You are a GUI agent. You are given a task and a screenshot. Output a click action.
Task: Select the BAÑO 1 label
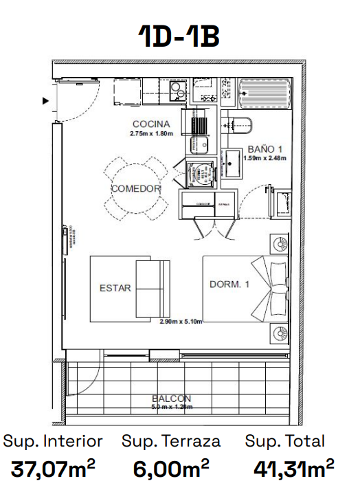265,148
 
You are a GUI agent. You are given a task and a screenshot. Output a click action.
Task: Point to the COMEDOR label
136,188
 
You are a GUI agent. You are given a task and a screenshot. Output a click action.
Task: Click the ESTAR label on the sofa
115,288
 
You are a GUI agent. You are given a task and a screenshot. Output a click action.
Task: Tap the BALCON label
172,398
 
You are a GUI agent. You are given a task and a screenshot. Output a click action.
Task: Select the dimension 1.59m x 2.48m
265,157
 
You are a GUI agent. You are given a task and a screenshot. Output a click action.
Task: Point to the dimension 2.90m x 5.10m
181,321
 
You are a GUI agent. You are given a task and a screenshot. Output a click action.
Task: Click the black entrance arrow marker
46,101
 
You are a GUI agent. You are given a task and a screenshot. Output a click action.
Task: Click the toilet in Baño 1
240,125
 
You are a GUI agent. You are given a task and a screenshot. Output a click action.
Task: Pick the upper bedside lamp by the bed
280,244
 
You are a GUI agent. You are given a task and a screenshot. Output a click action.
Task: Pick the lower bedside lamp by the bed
280,334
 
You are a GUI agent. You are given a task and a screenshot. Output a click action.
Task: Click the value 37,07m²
53,470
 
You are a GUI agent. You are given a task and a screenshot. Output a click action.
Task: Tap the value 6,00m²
171,470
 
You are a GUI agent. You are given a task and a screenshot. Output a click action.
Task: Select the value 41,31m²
293,470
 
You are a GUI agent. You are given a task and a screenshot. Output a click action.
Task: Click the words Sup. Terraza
171,441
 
